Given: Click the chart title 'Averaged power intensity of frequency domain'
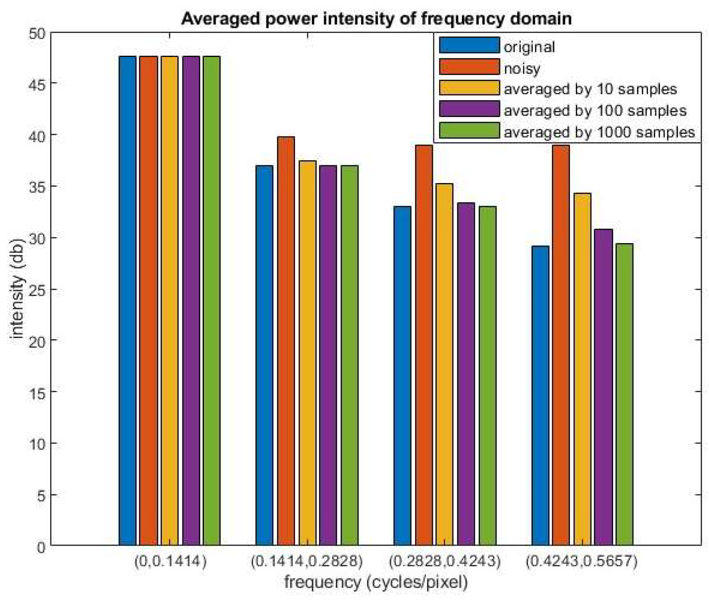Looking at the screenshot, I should [x=376, y=19].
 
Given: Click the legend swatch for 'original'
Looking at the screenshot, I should [x=469, y=45].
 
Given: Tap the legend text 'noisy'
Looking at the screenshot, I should [x=522, y=68].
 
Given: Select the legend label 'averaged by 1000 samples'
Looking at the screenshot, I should [x=599, y=132].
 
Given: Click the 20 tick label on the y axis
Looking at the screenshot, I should [x=37, y=341].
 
